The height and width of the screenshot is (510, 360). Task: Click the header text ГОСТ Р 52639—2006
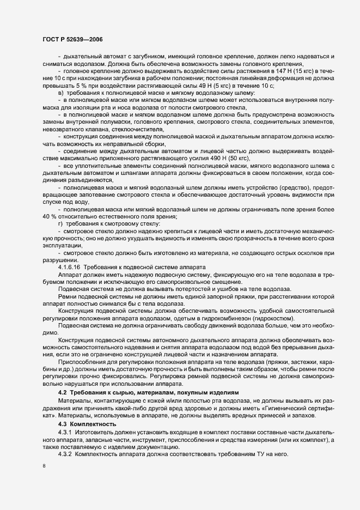coord(72,40)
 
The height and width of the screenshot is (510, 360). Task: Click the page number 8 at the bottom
coord(44,467)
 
